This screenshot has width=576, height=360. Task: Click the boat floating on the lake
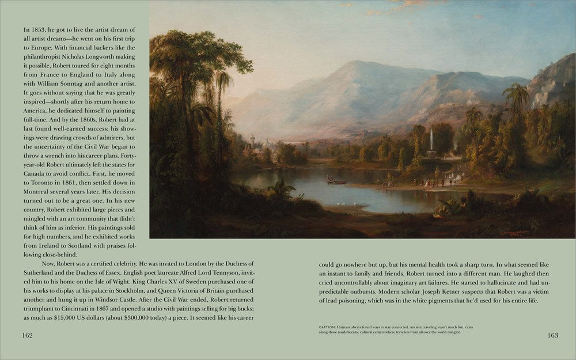point(337,181)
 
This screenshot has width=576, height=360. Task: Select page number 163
point(552,335)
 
